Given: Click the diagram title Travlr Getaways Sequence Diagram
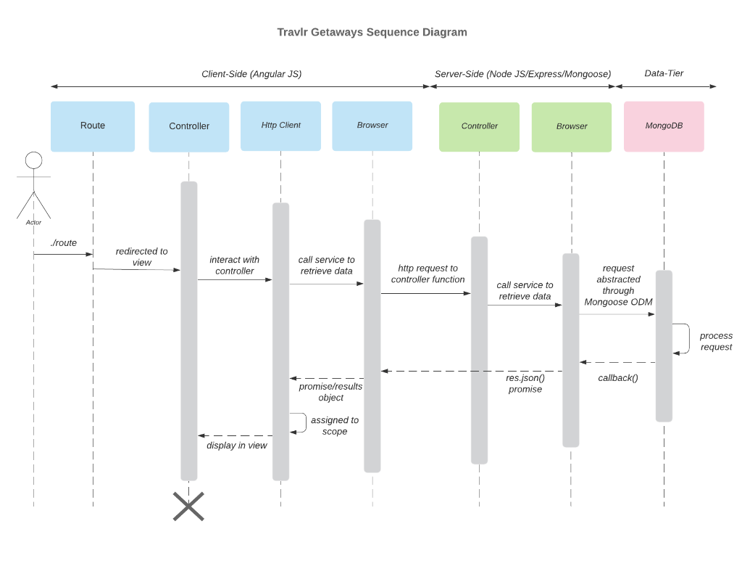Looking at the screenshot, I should [x=372, y=32].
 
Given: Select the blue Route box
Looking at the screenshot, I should [x=93, y=126].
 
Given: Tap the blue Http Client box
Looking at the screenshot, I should [x=280, y=126].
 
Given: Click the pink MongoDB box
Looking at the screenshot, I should [x=663, y=126].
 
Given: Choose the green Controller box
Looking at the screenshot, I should [x=479, y=126].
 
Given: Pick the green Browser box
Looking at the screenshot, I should [x=571, y=126].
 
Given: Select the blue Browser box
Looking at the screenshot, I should [x=372, y=126].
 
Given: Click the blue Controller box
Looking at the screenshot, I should [x=189, y=126].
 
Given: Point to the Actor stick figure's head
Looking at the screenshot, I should [x=33, y=160].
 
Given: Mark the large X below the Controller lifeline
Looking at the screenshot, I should [x=188, y=506].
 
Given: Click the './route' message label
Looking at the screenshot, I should [x=64, y=243].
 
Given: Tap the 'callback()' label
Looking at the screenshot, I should [x=618, y=378].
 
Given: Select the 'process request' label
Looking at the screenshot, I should [x=716, y=341].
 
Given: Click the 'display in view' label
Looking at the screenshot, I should [x=237, y=446].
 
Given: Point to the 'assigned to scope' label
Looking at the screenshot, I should [x=334, y=426].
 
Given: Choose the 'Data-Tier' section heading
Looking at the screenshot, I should [x=664, y=73].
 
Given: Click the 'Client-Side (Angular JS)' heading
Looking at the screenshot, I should [x=251, y=74].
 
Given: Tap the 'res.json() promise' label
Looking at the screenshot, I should [x=525, y=383].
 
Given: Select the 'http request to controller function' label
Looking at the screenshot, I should [x=428, y=274].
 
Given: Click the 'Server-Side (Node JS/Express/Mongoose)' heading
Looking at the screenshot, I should [x=522, y=74].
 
